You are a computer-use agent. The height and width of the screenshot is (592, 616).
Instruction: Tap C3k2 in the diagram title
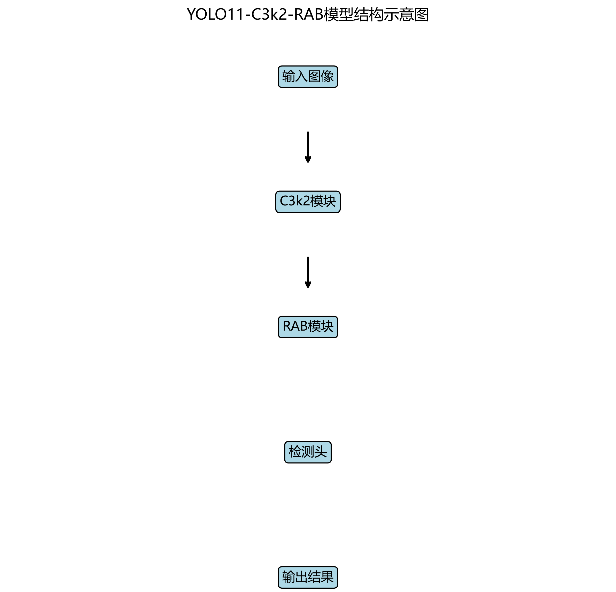(269, 14)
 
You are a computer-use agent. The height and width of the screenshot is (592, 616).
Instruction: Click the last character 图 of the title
(422, 14)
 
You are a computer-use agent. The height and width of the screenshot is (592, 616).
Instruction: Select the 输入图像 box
(308, 77)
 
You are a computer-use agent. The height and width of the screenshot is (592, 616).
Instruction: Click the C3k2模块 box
(308, 202)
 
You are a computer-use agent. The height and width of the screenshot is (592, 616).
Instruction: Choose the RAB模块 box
(308, 327)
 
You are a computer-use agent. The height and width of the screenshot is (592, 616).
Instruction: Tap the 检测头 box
(308, 452)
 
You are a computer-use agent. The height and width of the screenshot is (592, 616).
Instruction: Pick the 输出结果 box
(308, 577)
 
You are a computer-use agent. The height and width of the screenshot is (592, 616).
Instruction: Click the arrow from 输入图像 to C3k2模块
(308, 146)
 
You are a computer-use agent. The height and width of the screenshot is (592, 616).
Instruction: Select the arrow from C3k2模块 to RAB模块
(308, 271)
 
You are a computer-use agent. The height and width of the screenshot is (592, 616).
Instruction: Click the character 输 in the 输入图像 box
(288, 76)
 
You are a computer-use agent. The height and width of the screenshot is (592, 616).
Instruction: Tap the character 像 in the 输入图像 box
(327, 76)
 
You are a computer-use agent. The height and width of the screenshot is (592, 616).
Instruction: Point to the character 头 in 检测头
(321, 452)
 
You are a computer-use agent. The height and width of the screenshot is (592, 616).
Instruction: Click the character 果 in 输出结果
(327, 577)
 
